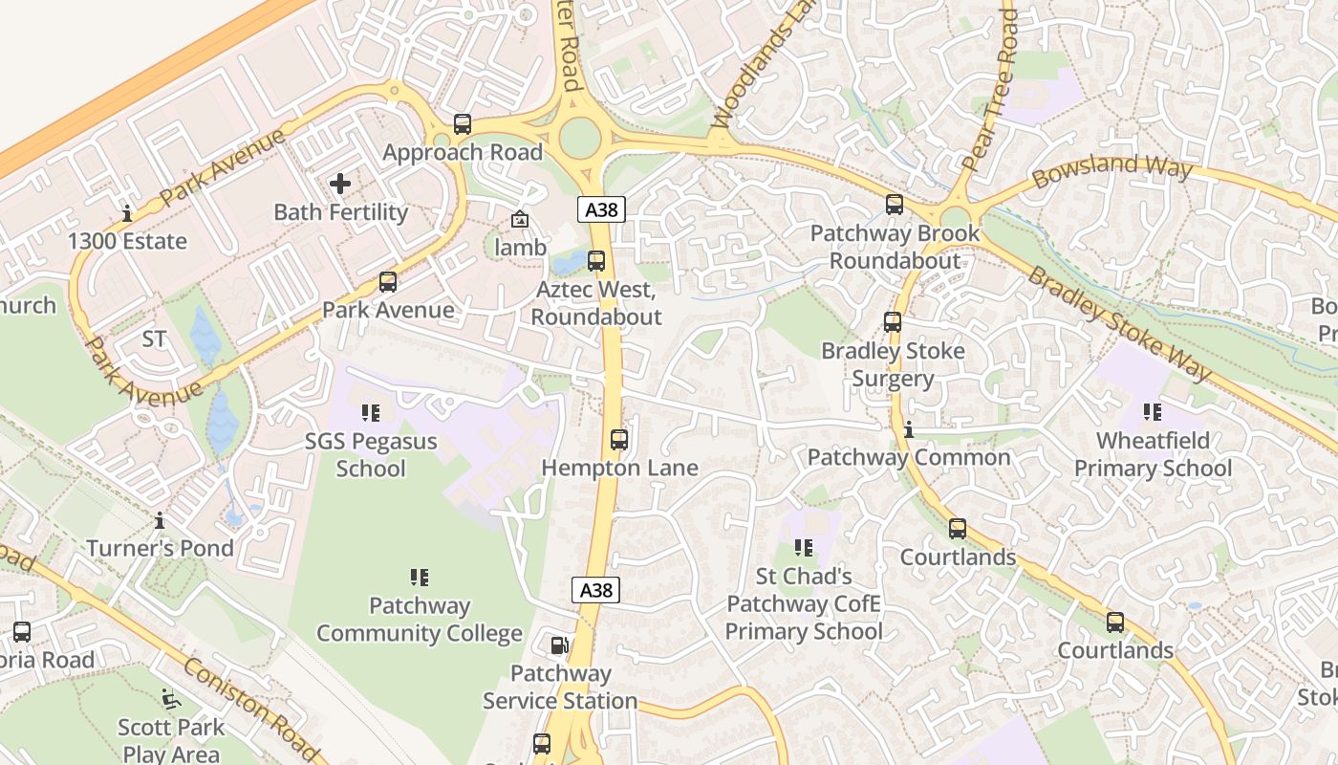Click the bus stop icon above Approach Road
[x=463, y=124]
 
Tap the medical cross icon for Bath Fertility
[x=340, y=183]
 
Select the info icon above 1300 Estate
[x=127, y=213]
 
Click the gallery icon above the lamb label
[x=519, y=220]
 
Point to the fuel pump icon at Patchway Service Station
[x=560, y=645]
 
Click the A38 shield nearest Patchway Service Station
[x=596, y=590]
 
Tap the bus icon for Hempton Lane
[x=619, y=440]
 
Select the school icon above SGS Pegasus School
[x=371, y=413]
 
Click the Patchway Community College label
[x=420, y=620]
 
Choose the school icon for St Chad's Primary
[x=804, y=548]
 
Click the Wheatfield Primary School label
[x=1153, y=454]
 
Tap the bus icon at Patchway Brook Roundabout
[x=895, y=205]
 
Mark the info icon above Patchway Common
[x=909, y=429]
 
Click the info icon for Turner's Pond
[x=160, y=520]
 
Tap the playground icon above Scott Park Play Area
[x=171, y=699]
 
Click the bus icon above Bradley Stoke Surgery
[x=893, y=322]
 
